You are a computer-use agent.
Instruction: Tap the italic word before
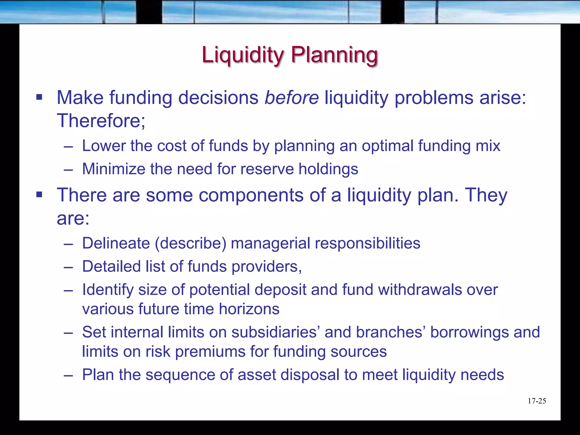click(x=291, y=98)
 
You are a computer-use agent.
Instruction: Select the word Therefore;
click(x=101, y=121)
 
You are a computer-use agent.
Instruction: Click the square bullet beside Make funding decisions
click(x=39, y=98)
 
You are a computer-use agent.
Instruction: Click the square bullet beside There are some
click(x=39, y=195)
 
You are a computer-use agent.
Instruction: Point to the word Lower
click(x=104, y=146)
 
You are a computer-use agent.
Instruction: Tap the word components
click(x=251, y=195)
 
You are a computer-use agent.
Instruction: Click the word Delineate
click(x=116, y=243)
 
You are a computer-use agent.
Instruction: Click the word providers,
click(x=266, y=267)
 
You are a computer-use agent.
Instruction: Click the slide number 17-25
click(x=537, y=401)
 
